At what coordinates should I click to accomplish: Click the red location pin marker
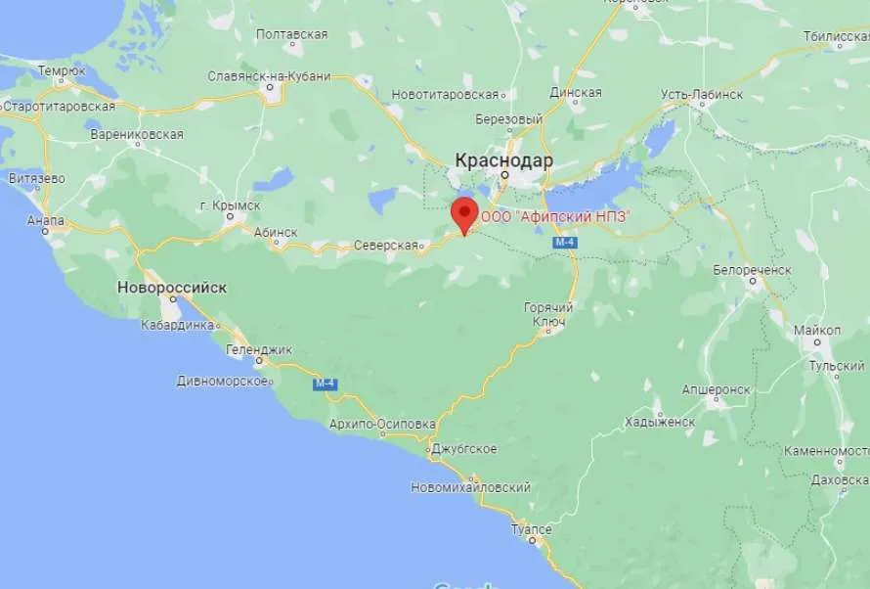click(x=463, y=213)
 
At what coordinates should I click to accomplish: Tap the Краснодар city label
click(x=503, y=160)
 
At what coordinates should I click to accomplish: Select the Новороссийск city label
click(x=172, y=288)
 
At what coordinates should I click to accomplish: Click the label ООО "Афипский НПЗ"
click(x=554, y=216)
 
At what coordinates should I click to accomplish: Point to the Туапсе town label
click(x=531, y=529)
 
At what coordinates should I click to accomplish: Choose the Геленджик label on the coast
click(x=259, y=348)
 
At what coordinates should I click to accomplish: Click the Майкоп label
click(x=816, y=330)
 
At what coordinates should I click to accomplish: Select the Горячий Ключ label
click(x=548, y=314)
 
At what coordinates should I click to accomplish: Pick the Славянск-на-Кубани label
click(x=269, y=76)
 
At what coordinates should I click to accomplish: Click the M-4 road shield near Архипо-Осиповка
click(x=325, y=385)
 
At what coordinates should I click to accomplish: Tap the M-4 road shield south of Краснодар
click(x=564, y=242)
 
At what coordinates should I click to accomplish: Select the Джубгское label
click(x=464, y=449)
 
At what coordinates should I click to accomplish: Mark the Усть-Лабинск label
click(x=701, y=95)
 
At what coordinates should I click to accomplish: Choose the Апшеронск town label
click(x=718, y=389)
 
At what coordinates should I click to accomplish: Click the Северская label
click(x=386, y=245)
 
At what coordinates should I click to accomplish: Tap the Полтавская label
click(x=291, y=34)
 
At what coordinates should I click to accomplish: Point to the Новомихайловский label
click(x=470, y=487)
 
